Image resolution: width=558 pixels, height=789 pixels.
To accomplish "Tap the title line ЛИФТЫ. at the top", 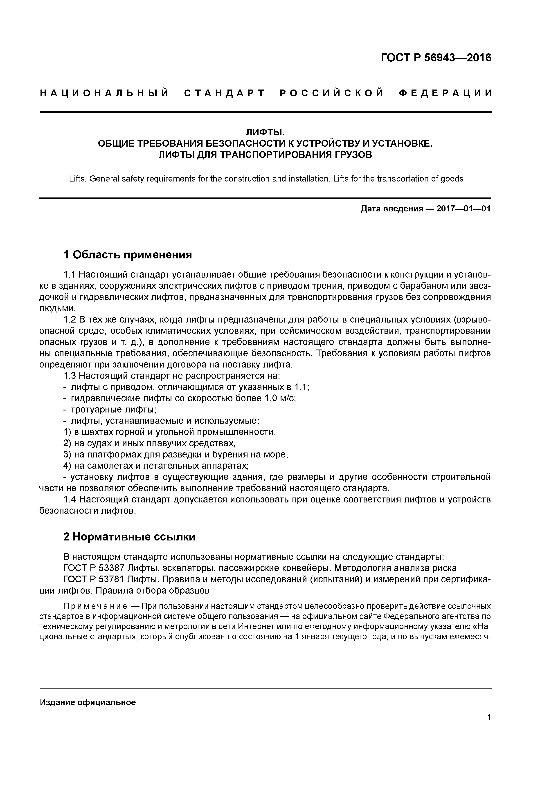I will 265,132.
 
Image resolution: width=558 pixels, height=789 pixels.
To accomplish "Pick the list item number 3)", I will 67,455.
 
